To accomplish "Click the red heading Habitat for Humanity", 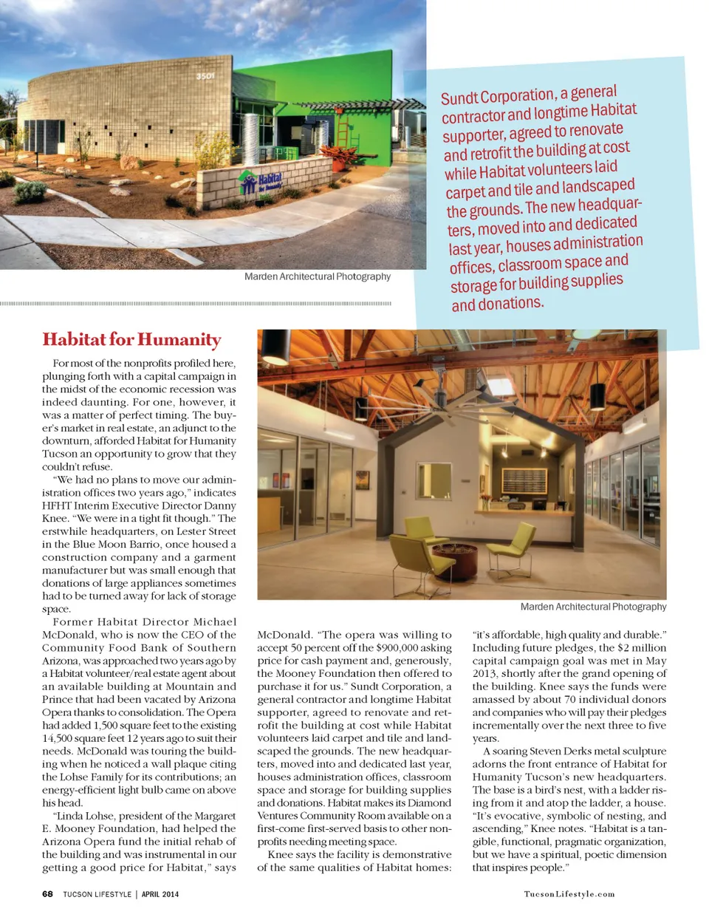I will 131,339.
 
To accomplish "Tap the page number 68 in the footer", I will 47,893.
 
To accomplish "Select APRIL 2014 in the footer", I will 160,894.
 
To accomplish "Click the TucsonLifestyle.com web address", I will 569,894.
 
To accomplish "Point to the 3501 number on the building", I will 205,76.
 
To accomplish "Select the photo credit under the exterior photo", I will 317,276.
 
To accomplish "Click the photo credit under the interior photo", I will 593,607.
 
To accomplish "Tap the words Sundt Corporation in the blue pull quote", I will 498,97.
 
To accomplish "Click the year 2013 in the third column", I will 487,674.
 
